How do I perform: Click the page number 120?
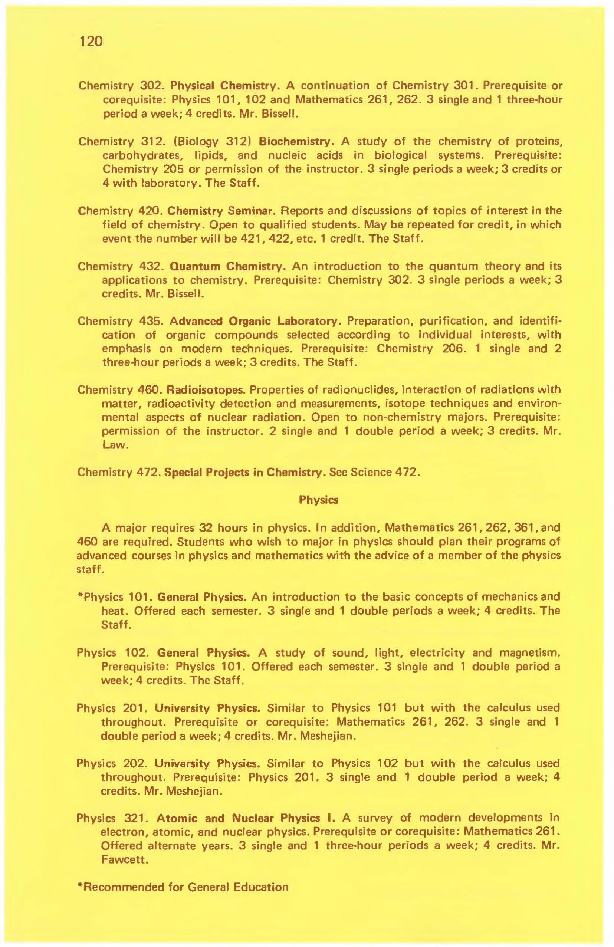pyautogui.click(x=91, y=41)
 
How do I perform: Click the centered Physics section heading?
pyautogui.click(x=318, y=500)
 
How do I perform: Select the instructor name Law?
pyautogui.click(x=115, y=445)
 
